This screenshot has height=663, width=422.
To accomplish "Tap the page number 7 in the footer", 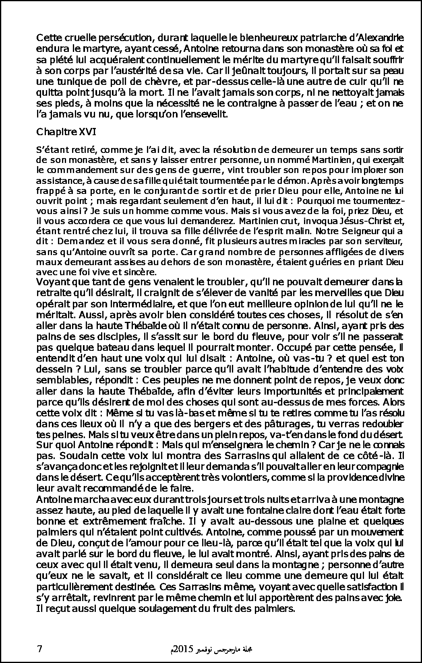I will point(39,649).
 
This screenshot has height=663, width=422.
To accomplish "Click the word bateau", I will point(91,346).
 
